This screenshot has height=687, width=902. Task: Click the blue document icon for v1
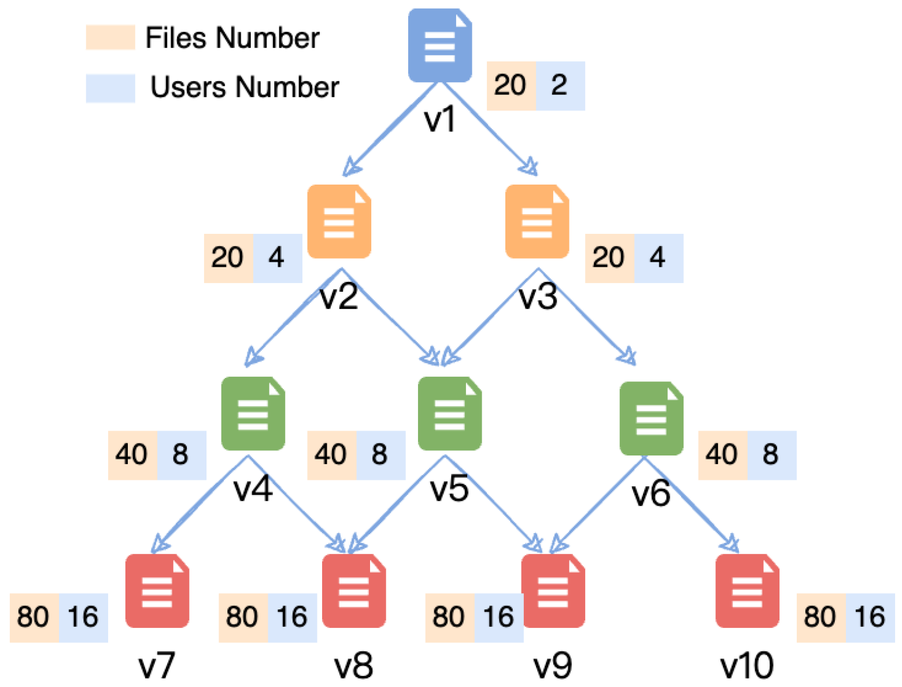coord(439,45)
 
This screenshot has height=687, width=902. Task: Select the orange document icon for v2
coord(339,222)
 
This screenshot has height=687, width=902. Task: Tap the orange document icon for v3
coord(537,222)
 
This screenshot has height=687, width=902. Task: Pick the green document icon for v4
coord(253,414)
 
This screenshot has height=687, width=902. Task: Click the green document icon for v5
coord(450,414)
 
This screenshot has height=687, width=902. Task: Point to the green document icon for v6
coord(651,418)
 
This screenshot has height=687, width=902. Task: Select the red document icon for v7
coord(157,591)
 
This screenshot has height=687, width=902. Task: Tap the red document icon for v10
coord(747,591)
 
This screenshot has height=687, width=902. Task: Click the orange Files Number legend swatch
coord(110,37)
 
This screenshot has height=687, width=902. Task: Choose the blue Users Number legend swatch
coord(110,88)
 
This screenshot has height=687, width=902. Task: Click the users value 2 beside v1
coord(560,86)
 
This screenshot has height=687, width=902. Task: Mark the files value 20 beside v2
coord(228,258)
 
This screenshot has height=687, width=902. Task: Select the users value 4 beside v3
coord(658,258)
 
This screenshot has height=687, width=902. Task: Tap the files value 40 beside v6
coord(722,455)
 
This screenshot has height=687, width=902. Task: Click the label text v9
coord(553,666)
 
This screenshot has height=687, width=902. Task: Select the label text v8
coord(353,666)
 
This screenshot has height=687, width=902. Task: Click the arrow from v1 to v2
coord(393,127)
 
